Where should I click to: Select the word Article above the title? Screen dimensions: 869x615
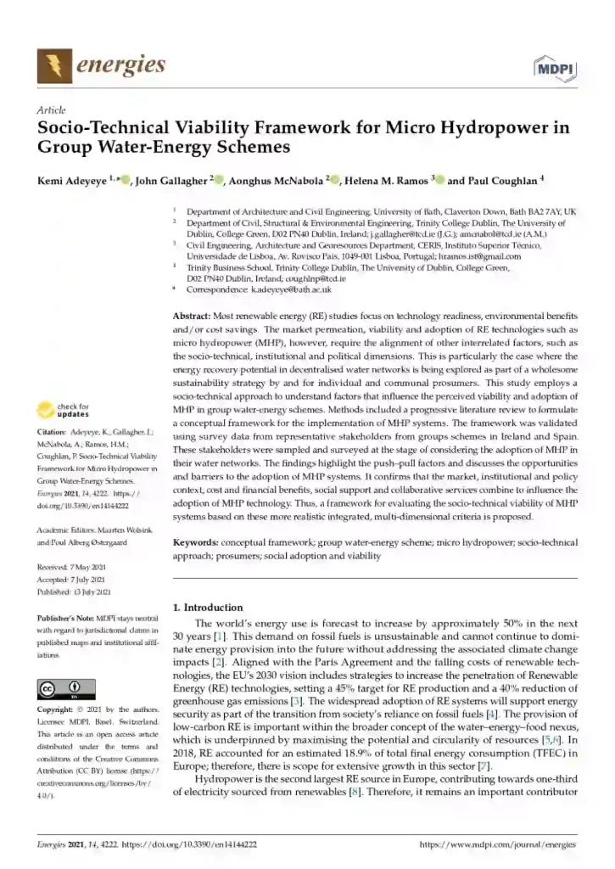click(52, 111)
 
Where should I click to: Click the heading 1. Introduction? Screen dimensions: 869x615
click(208, 608)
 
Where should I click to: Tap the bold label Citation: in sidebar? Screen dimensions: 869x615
click(53, 431)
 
